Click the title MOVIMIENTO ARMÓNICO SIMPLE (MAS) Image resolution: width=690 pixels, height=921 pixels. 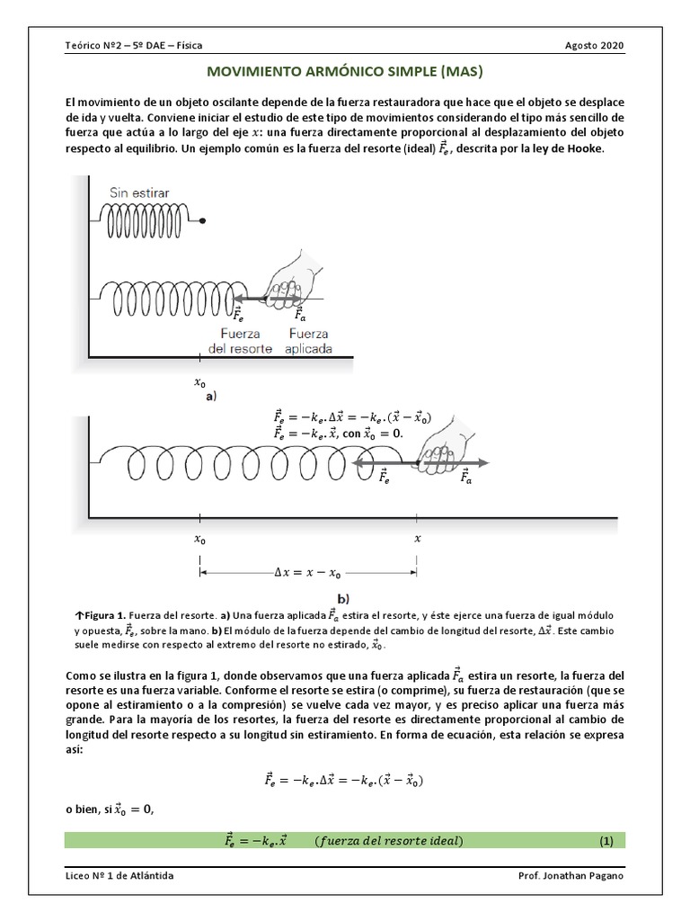click(345, 70)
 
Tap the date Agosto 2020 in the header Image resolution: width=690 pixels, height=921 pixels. click(597, 47)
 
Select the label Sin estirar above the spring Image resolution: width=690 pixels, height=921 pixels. click(139, 192)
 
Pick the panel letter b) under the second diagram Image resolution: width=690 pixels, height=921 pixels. click(343, 598)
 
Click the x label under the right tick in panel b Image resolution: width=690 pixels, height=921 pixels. click(417, 540)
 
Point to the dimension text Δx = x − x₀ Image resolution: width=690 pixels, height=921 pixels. click(306, 570)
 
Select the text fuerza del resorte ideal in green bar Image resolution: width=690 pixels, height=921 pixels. click(389, 841)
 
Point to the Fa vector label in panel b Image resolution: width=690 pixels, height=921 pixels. click(465, 478)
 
